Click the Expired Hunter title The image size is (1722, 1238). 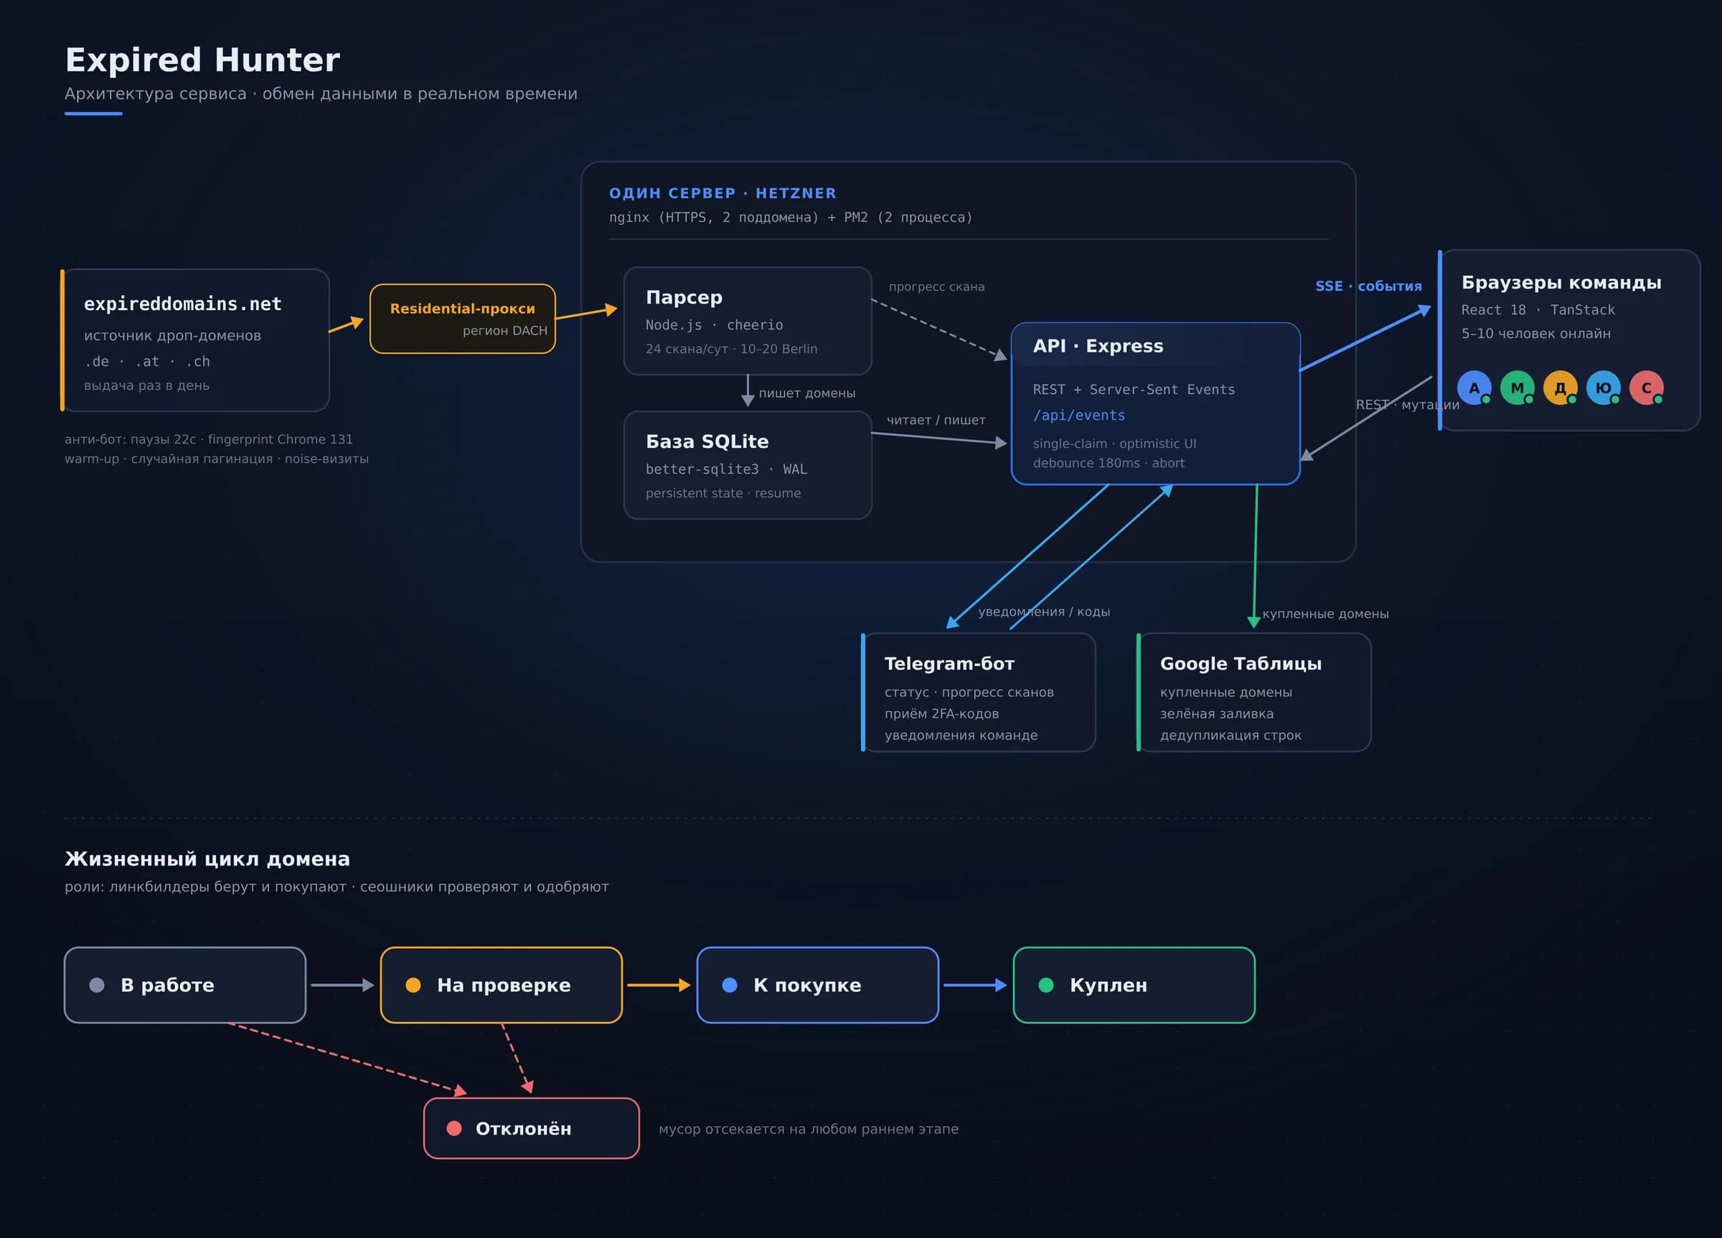(x=202, y=60)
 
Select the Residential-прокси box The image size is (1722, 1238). (x=462, y=318)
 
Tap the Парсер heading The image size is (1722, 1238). (x=684, y=297)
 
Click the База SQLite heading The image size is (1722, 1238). (x=707, y=441)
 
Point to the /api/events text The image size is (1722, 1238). (x=1079, y=415)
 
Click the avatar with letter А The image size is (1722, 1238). (x=1474, y=388)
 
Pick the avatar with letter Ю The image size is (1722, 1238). (x=1604, y=388)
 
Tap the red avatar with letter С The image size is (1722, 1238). (x=1647, y=388)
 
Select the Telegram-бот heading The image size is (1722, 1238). (x=949, y=663)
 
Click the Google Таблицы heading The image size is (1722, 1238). (x=1241, y=663)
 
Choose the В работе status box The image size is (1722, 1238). (x=185, y=985)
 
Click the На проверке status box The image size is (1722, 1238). (x=501, y=985)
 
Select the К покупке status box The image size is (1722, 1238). (x=818, y=985)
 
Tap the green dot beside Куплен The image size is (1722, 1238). (x=1045, y=985)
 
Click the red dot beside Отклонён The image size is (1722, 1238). (x=454, y=1128)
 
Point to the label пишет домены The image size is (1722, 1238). (x=807, y=393)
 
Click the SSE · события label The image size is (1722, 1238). (x=1368, y=286)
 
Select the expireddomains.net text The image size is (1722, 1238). (x=182, y=304)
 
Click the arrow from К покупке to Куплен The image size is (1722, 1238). (x=975, y=985)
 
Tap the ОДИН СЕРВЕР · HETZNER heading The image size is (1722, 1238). (x=722, y=193)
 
